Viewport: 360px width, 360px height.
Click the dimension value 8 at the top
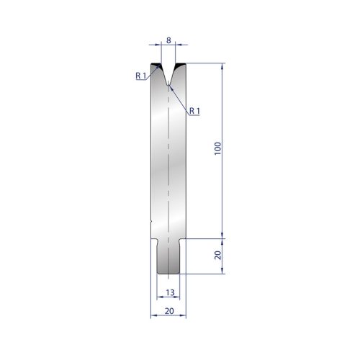(168, 40)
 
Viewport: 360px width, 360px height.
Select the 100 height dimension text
(217, 148)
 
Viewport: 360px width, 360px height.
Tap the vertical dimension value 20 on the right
(217, 255)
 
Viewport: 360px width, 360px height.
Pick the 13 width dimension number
(170, 292)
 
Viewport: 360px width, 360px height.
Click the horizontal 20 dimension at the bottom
(169, 311)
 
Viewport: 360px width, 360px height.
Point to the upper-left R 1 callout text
(141, 76)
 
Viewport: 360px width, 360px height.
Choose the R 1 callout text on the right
(194, 111)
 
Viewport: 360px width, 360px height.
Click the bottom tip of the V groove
(168, 85)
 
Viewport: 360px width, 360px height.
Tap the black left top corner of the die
(156, 64)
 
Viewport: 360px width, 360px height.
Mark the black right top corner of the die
(181, 64)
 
